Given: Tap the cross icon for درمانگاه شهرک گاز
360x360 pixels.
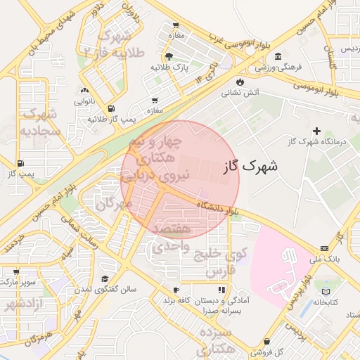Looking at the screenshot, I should pyautogui.click(x=316, y=131).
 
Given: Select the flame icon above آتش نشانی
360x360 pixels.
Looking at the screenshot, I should pyautogui.click(x=240, y=82).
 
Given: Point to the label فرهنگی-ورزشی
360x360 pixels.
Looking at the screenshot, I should pyautogui.click(x=278, y=67).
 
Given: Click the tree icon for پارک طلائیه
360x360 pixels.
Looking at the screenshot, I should pyautogui.click(x=168, y=56).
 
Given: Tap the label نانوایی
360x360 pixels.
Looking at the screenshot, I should pyautogui.click(x=84, y=101).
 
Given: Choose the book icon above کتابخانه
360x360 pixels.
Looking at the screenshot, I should pyautogui.click(x=325, y=291).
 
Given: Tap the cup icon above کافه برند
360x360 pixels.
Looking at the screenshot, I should pyautogui.click(x=176, y=290).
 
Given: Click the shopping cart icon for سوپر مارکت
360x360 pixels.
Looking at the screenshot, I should pyautogui.click(x=15, y=271).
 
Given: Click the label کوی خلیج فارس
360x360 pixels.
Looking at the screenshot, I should pyautogui.click(x=221, y=262).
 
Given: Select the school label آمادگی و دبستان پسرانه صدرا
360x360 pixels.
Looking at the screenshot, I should pyautogui.click(x=222, y=304).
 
